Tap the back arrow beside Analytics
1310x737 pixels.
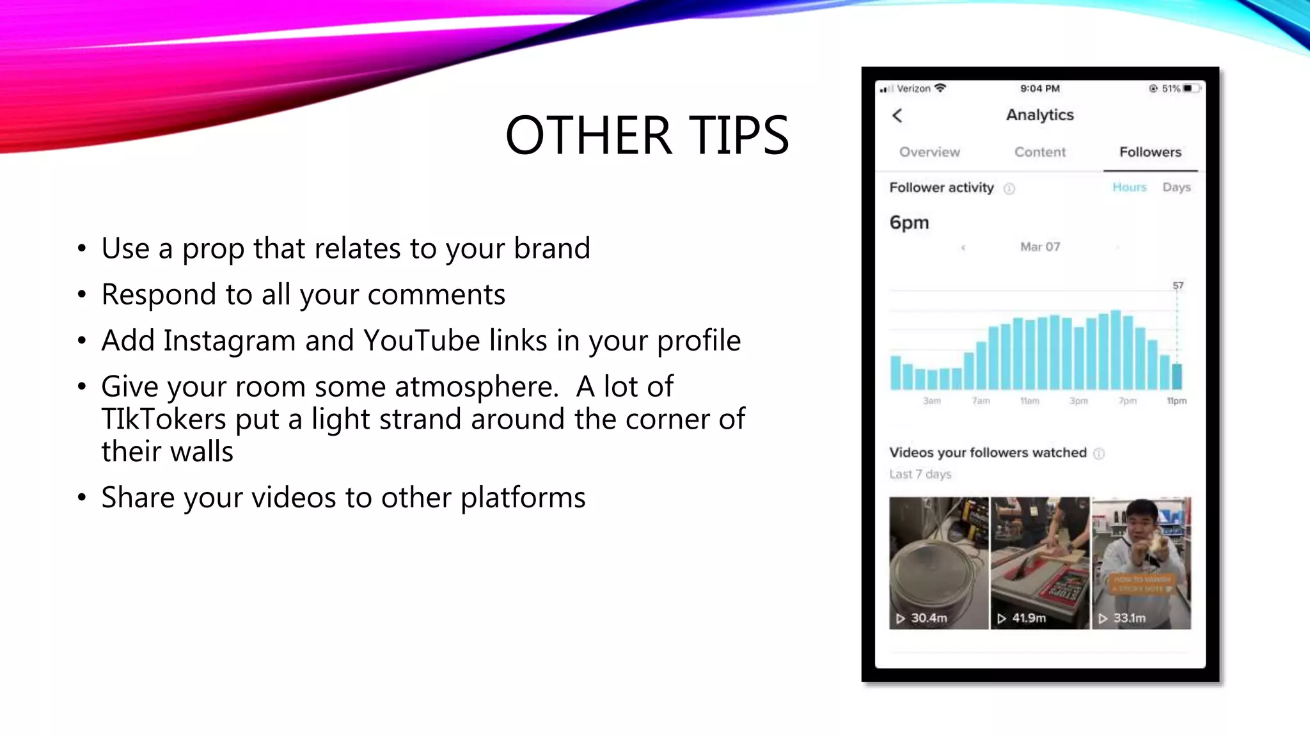tap(897, 116)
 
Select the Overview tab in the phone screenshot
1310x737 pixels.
tap(929, 152)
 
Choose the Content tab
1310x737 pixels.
tap(1040, 152)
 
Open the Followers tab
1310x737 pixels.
tap(1150, 152)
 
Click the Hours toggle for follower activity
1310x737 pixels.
tap(1129, 187)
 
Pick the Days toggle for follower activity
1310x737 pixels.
tap(1176, 187)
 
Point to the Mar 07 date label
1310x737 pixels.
tap(1040, 247)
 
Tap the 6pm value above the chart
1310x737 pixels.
tap(909, 223)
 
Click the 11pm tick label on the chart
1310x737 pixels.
tap(1176, 401)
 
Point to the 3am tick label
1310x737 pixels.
tap(932, 401)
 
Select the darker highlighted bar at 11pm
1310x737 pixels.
tap(1177, 376)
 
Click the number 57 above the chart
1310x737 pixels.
tap(1178, 285)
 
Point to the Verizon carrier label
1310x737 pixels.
tap(913, 89)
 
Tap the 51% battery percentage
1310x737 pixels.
tap(1171, 89)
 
